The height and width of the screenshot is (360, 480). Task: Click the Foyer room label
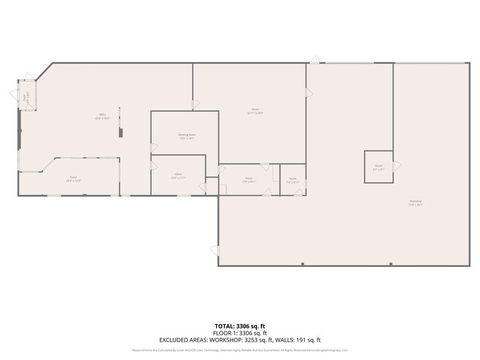25,97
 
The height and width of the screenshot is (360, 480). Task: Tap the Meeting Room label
187,136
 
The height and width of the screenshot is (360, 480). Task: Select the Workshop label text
416,203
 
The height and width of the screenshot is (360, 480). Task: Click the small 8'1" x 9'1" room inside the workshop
378,167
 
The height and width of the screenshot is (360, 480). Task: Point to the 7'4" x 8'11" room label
293,180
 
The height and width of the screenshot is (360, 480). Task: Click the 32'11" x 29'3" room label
255,111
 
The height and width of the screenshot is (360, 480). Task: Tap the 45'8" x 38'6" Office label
103,116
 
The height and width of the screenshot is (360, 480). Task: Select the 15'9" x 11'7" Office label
178,176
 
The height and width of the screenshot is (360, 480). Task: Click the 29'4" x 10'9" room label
73,179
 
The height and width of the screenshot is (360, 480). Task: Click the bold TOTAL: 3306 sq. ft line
239,326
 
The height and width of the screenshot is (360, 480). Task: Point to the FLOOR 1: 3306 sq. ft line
239,332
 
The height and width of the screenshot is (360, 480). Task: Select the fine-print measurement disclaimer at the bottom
239,350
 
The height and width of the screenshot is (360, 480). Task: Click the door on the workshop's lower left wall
215,250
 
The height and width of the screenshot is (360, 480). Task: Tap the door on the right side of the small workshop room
397,166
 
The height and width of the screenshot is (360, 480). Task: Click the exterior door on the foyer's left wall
14,94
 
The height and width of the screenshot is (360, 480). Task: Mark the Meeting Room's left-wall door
154,148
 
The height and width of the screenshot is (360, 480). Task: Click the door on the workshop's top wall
314,59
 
